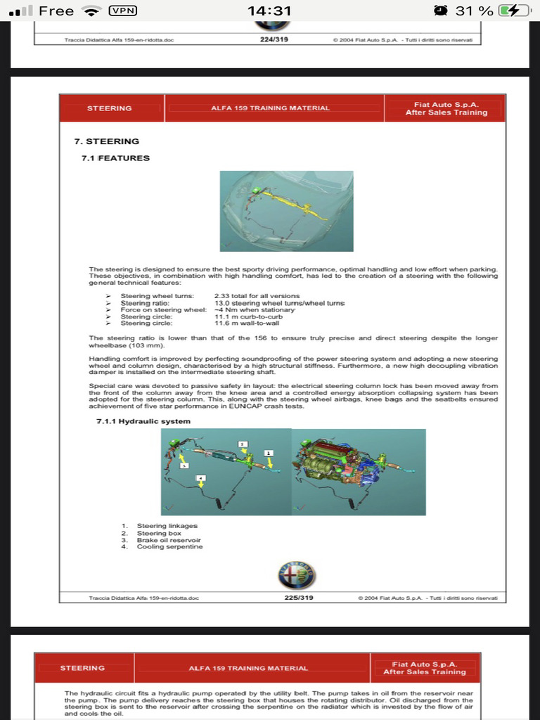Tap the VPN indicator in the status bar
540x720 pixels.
point(124,11)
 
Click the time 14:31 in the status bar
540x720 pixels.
point(269,11)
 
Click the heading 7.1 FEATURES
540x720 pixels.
point(115,158)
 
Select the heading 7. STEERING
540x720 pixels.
point(107,141)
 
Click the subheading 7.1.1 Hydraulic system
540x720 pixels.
point(143,421)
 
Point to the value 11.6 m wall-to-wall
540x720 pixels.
point(246,323)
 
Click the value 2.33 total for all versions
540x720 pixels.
point(257,296)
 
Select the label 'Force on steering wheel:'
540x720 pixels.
point(163,310)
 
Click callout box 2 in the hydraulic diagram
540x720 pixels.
point(243,444)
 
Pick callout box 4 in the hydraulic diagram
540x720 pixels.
point(201,478)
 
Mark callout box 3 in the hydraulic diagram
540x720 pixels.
point(184,465)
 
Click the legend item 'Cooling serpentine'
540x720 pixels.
point(169,546)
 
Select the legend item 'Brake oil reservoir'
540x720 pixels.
point(169,540)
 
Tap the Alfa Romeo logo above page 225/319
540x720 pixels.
point(296,576)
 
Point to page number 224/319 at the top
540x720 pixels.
point(273,39)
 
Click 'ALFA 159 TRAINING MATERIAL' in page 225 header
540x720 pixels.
point(270,108)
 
